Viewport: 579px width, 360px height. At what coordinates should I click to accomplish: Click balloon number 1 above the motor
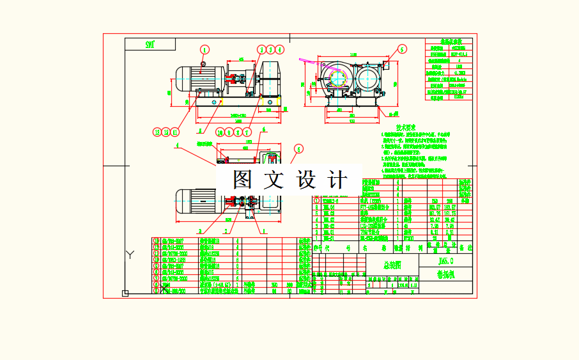(x=205, y=49)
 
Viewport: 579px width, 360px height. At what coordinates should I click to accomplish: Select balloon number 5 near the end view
(x=402, y=49)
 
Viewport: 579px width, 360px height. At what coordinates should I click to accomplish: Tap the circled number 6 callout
(x=298, y=149)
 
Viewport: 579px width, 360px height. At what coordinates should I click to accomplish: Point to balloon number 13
(x=157, y=132)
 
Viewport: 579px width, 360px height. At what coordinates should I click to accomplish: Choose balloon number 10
(x=220, y=132)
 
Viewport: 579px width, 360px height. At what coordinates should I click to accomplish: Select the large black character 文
(x=275, y=180)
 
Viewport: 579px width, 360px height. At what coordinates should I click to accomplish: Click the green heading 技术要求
(x=406, y=127)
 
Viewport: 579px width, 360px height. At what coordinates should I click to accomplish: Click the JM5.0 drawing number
(x=446, y=261)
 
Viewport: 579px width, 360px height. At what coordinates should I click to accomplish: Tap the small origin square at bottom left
(x=125, y=293)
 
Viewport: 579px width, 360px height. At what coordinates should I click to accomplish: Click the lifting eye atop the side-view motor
(x=202, y=63)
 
